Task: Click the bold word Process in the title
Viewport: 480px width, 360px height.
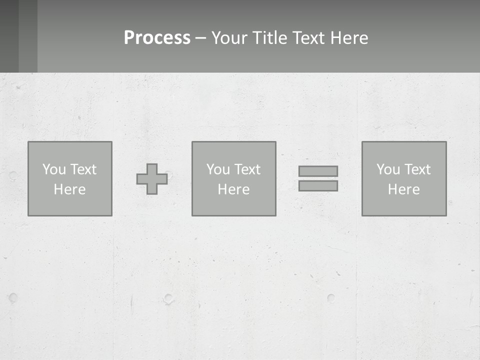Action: tap(157, 38)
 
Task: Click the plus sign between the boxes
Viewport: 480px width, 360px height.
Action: tap(152, 179)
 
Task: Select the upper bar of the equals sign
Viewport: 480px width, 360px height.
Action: tap(318, 171)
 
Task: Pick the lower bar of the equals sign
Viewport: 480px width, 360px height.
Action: tap(318, 186)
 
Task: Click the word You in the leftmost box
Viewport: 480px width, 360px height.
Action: tap(54, 169)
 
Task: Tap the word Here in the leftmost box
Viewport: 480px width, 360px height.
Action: tap(69, 189)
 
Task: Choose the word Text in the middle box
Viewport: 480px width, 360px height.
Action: tap(246, 169)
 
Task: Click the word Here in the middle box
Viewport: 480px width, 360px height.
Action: tap(233, 189)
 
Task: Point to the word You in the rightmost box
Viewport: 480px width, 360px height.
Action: tap(388, 169)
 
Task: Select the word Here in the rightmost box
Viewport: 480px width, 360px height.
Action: tap(403, 189)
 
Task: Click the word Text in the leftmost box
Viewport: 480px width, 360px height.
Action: tap(82, 169)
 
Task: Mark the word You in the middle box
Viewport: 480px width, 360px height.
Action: tap(218, 169)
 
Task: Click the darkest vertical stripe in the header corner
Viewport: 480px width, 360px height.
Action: tap(9, 36)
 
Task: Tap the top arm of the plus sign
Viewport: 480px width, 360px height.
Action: tap(152, 168)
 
